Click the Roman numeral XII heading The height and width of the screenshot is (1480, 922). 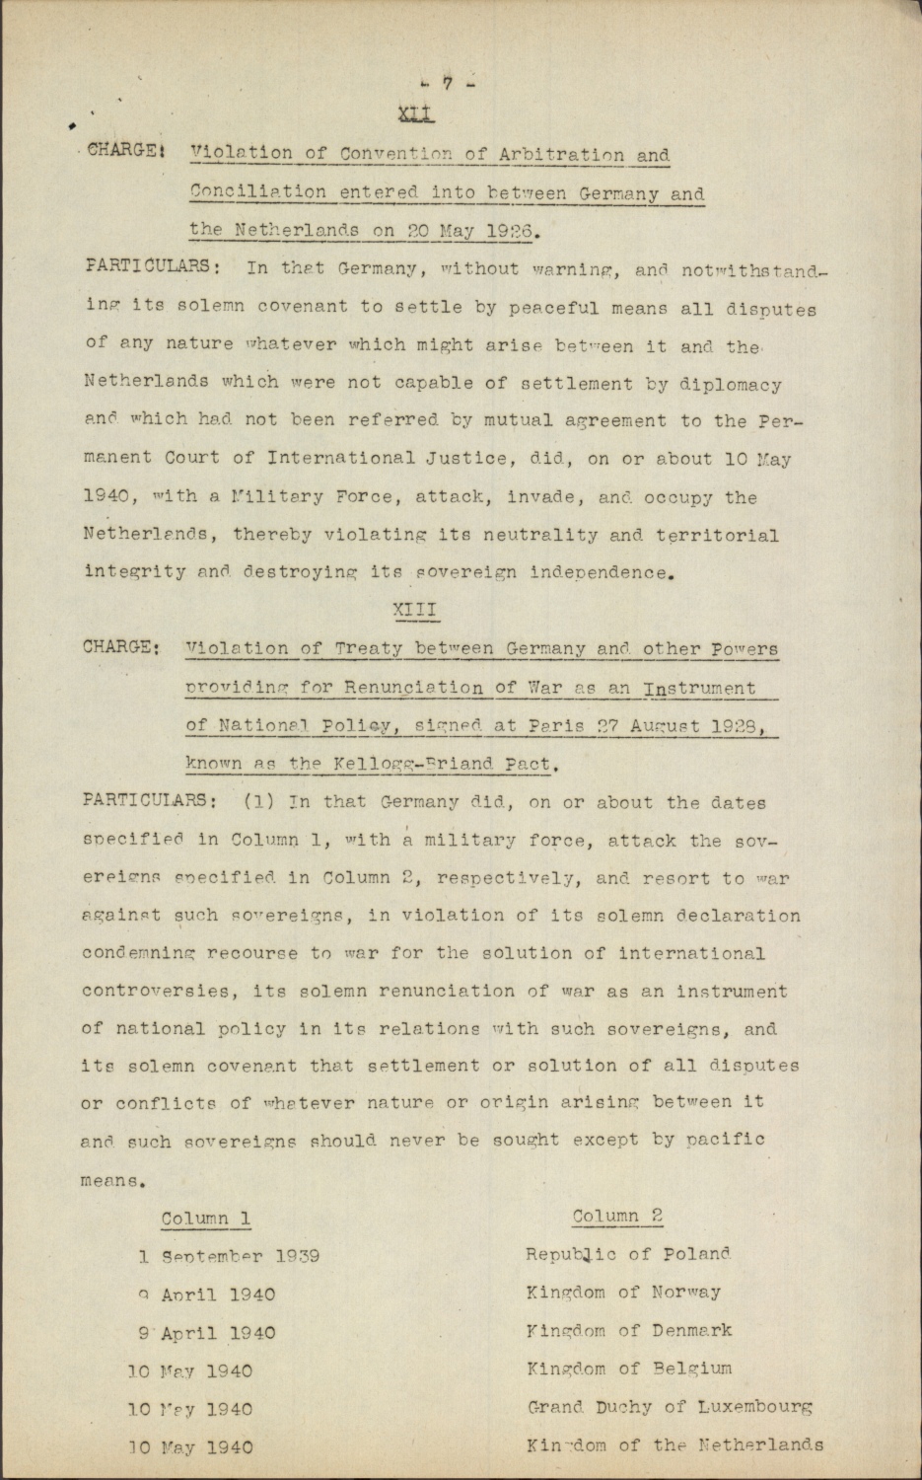pyautogui.click(x=415, y=114)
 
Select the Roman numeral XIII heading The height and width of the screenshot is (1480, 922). pyautogui.click(x=415, y=610)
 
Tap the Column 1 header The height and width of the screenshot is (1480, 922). pyautogui.click(x=205, y=1219)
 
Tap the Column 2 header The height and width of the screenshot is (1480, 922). pyautogui.click(x=617, y=1216)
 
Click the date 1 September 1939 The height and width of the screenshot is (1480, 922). pyautogui.click(x=229, y=1257)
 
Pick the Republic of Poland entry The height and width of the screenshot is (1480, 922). pyautogui.click(x=628, y=1254)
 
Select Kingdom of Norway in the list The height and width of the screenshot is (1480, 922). pyautogui.click(x=623, y=1292)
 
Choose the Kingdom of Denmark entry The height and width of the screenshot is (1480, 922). pyautogui.click(x=629, y=1330)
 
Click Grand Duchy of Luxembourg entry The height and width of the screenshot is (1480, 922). pyautogui.click(x=670, y=1407)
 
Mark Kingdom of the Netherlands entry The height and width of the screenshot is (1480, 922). pyautogui.click(x=674, y=1445)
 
